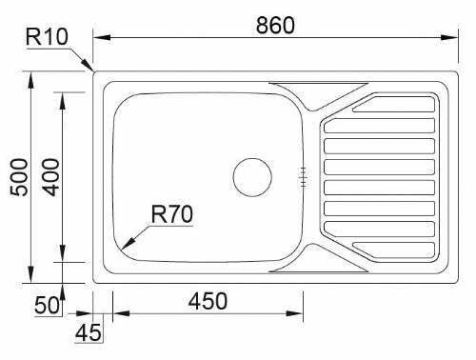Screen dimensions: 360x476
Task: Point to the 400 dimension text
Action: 50,177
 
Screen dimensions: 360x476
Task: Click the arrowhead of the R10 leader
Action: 90,69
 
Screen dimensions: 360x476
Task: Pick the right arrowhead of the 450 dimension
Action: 300,312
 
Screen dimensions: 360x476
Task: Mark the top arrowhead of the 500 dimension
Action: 31,71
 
